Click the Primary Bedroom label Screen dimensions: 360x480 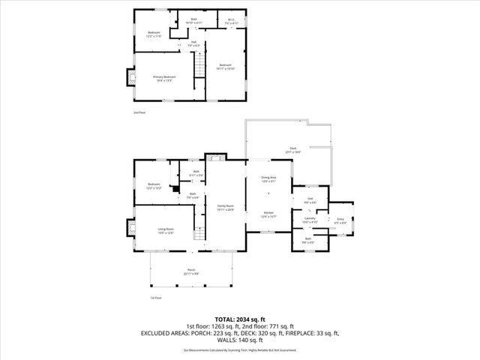[163, 78]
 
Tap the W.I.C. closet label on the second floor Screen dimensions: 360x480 [231, 22]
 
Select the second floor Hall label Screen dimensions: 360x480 [193, 44]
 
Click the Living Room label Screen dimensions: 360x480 [166, 231]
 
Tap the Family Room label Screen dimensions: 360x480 [226, 208]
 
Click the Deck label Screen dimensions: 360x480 [292, 150]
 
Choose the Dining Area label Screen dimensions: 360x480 [268, 179]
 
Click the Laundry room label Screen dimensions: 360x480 [310, 220]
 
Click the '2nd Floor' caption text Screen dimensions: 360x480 [139, 112]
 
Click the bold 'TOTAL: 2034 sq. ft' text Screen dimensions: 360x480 [240, 318]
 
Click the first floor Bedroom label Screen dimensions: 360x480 [154, 185]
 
